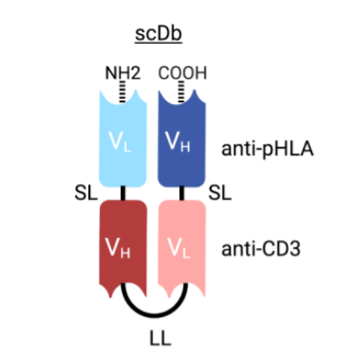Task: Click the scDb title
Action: [x=158, y=34]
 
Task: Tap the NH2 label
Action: [x=122, y=73]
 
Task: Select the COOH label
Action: [x=183, y=73]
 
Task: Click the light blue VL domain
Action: [x=122, y=139]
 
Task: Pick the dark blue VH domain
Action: [x=182, y=139]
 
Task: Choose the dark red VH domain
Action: [x=122, y=248]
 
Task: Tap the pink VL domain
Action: [x=182, y=248]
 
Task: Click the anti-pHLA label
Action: [x=268, y=149]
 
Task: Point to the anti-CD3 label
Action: [x=261, y=249]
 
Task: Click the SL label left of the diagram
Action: [x=86, y=193]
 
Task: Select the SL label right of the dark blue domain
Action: [x=220, y=193]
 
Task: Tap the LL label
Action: [x=160, y=339]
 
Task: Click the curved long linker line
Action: [x=154, y=315]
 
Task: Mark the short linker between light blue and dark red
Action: [x=123, y=193]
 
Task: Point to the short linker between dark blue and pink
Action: [x=182, y=193]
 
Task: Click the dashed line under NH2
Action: [x=122, y=92]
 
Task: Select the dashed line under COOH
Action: [x=181, y=92]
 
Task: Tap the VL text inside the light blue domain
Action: [x=120, y=142]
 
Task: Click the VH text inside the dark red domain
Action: [x=117, y=248]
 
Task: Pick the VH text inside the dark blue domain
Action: [x=178, y=142]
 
